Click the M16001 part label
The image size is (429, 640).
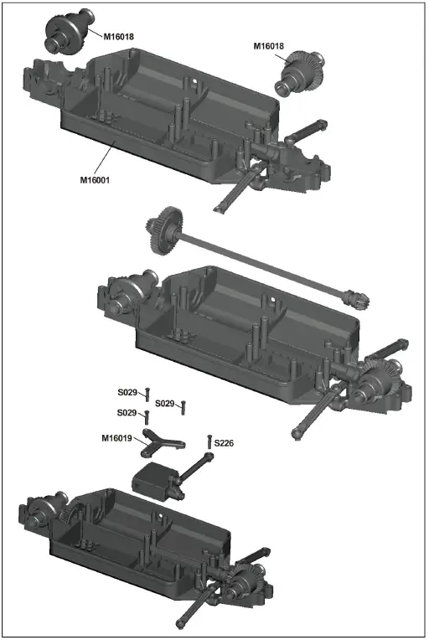tap(96, 180)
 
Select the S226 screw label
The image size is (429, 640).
tap(225, 441)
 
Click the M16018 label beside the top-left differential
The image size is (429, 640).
tap(120, 37)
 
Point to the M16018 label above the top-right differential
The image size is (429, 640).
tap(270, 47)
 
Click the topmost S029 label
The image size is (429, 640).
tap(129, 392)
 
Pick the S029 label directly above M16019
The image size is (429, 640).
tap(129, 413)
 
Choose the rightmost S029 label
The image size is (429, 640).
tap(164, 404)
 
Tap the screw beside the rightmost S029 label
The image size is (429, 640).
tap(183, 407)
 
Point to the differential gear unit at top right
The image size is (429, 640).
tap(300, 71)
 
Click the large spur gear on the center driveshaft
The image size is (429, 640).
tap(159, 228)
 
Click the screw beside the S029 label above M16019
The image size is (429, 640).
tap(147, 416)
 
